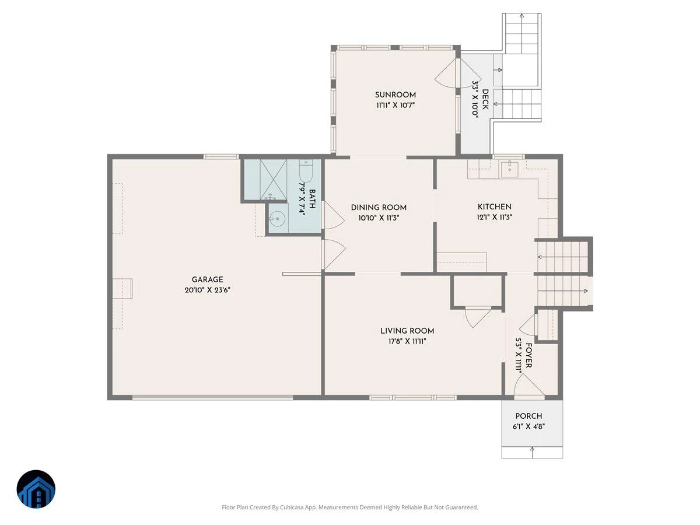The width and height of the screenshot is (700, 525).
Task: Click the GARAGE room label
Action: pyautogui.click(x=207, y=279)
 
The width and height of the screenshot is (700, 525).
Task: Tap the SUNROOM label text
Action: pyautogui.click(x=395, y=94)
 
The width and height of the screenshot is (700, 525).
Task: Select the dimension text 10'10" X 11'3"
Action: pyautogui.click(x=379, y=218)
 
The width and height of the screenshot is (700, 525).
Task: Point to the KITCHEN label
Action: pyautogui.click(x=494, y=206)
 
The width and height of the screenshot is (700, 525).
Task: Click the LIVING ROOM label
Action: pyautogui.click(x=407, y=331)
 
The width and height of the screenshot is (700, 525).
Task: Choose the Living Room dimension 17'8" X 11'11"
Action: pyautogui.click(x=407, y=341)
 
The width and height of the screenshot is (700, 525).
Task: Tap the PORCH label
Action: pyautogui.click(x=528, y=416)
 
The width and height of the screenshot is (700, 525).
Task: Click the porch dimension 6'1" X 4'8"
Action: pyautogui.click(x=528, y=426)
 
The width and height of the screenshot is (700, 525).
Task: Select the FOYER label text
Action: pyautogui.click(x=528, y=355)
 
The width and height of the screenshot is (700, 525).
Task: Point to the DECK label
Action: pyautogui.click(x=485, y=99)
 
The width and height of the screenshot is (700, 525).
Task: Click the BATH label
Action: pyautogui.click(x=312, y=199)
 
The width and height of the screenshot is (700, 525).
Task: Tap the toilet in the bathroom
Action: pyautogui.click(x=306, y=171)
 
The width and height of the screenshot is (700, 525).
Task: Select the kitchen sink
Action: pyautogui.click(x=510, y=169)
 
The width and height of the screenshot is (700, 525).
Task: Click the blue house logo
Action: pyautogui.click(x=36, y=489)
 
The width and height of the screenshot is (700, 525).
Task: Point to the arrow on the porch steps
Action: pyautogui.click(x=532, y=453)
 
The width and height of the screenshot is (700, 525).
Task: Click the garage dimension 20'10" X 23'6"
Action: pyautogui.click(x=207, y=290)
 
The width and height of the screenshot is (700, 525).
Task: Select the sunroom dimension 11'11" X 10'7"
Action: pyautogui.click(x=395, y=105)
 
